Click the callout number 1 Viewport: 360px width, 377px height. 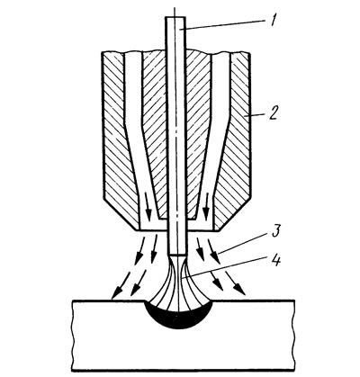tap(273, 22)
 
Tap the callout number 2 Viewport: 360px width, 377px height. tap(273, 114)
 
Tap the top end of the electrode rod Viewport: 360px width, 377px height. tap(175, 17)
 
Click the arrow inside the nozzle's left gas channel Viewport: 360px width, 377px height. tap(147, 209)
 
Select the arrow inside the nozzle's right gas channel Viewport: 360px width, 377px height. tap(206, 209)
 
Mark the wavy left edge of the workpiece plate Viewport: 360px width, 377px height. tap(73, 336)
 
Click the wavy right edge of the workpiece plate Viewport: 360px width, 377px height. tap(294, 336)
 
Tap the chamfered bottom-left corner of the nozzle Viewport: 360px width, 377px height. tap(120, 216)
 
